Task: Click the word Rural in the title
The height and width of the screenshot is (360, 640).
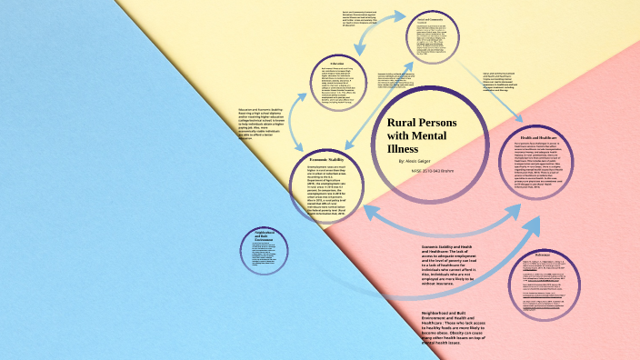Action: coord(404,121)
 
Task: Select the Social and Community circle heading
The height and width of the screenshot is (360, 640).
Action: coord(435,18)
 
